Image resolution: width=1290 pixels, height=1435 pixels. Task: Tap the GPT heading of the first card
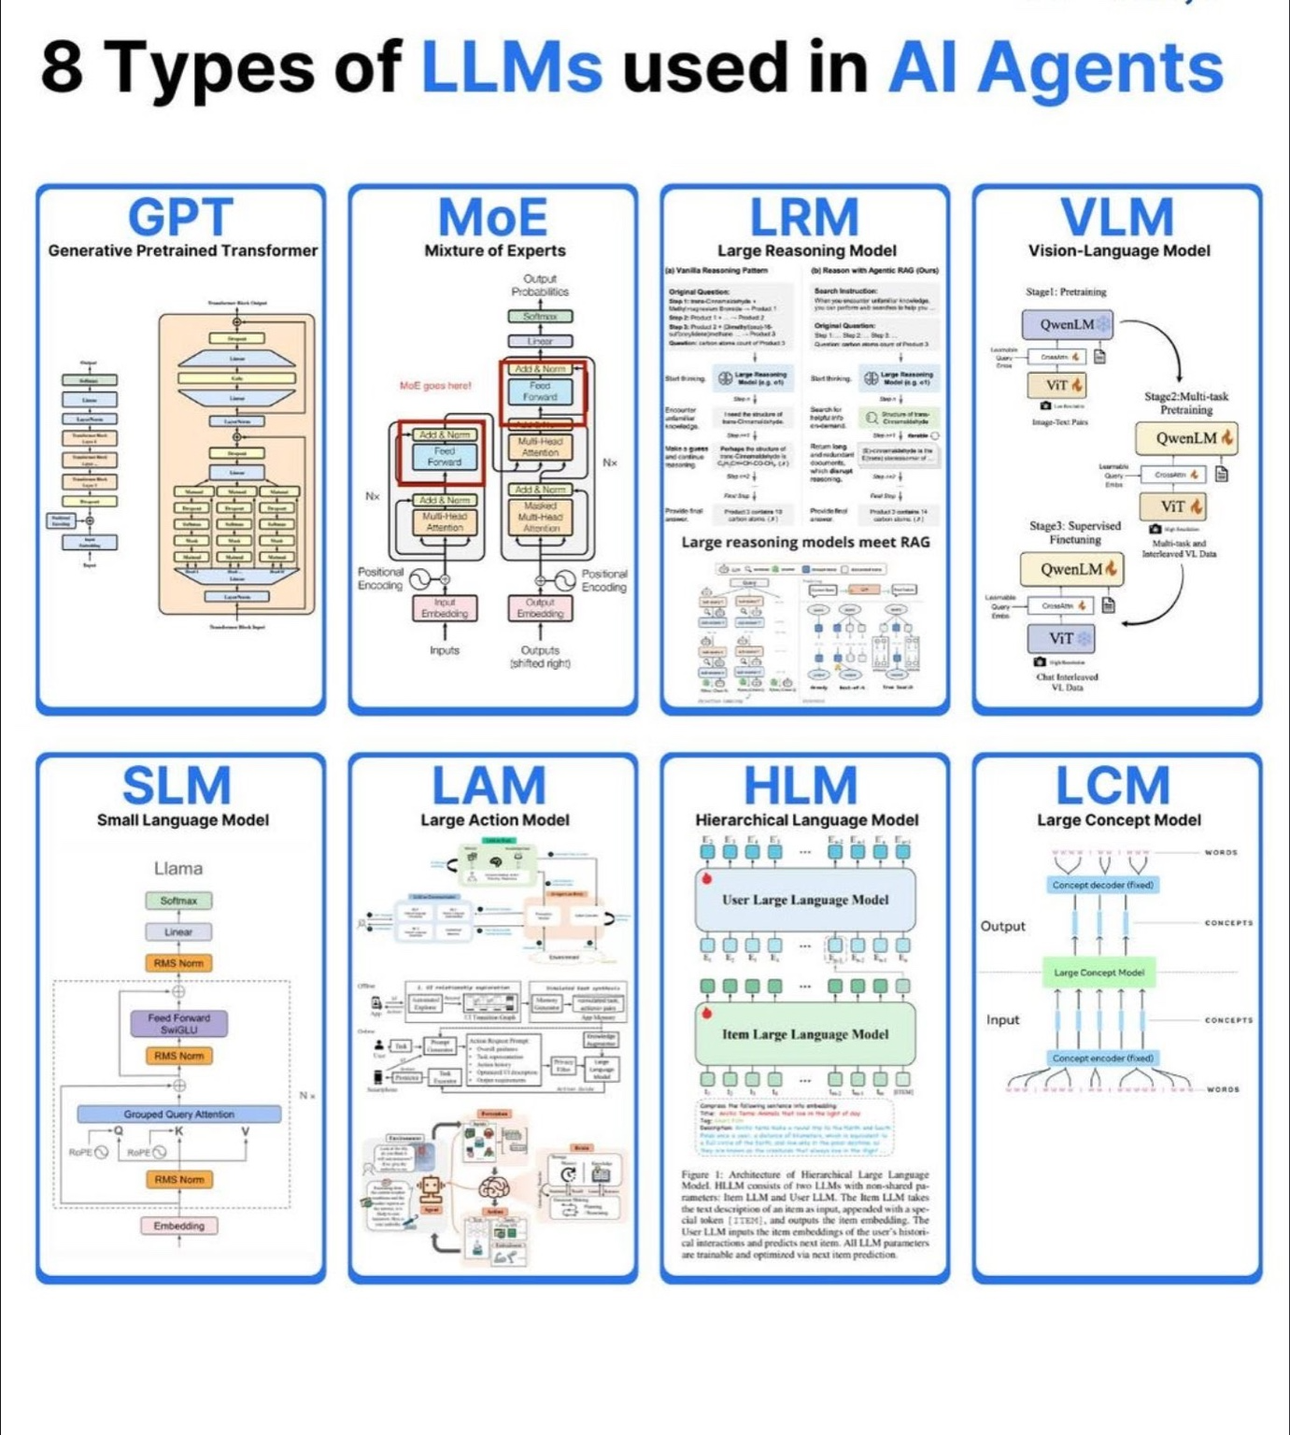[180, 218]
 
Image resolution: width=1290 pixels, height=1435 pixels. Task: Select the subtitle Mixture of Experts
[494, 250]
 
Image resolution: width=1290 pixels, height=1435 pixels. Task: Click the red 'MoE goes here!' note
[435, 385]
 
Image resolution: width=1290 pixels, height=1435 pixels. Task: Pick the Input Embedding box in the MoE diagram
[445, 608]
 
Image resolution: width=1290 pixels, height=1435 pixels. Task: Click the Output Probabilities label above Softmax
[540, 285]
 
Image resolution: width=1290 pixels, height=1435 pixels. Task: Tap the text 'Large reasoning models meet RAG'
[805, 542]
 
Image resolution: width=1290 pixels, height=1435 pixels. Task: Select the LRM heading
[804, 218]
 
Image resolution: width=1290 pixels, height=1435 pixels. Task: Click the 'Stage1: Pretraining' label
[1066, 291]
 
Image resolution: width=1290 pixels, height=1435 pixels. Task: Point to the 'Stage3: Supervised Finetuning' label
[1075, 533]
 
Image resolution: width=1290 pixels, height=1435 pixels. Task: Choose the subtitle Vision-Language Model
[1118, 250]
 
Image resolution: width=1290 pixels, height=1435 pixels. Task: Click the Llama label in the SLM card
[178, 868]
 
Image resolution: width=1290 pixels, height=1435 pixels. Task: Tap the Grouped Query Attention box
[178, 1114]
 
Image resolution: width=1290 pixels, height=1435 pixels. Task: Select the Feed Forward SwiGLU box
[178, 1024]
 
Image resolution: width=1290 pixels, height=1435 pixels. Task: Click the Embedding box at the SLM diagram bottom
[178, 1225]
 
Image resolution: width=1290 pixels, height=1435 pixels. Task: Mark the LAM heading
[489, 786]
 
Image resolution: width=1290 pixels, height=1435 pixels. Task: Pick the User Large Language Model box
[805, 900]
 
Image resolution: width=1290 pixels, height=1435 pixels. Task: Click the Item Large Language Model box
[805, 1034]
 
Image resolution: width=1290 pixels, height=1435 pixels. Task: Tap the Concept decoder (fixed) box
[1102, 885]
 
